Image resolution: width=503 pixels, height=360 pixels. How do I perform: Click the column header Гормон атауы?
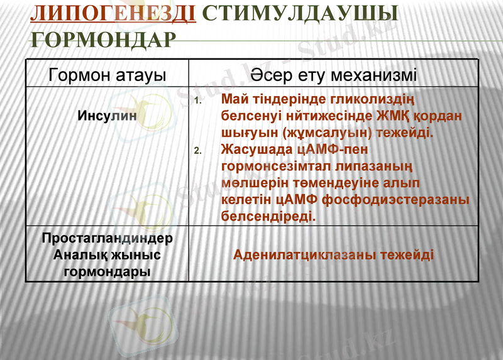pos(108,75)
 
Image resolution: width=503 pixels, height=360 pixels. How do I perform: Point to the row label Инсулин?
pos(108,116)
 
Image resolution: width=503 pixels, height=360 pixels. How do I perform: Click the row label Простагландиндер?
pos(107,239)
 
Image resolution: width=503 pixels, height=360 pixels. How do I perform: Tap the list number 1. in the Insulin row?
pos(197,101)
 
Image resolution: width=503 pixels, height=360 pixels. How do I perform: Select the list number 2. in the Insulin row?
pos(197,151)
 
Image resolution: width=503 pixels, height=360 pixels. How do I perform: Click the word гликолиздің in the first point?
pos(367,100)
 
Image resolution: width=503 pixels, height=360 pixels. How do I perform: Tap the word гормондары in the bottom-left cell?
pos(108,272)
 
